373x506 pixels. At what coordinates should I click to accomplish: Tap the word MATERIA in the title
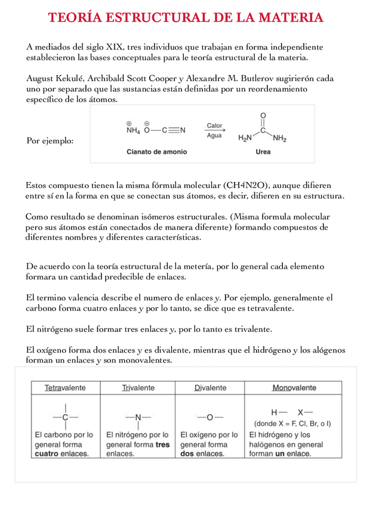(x=291, y=18)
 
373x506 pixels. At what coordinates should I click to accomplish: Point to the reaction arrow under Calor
(x=214, y=131)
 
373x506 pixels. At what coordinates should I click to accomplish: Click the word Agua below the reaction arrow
(x=214, y=136)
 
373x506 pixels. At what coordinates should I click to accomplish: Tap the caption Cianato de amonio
(x=156, y=152)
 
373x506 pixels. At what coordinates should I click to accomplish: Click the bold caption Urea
(x=263, y=152)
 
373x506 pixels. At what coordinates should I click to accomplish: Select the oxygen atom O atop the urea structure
(x=263, y=115)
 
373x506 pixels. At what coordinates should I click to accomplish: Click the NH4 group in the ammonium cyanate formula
(x=132, y=131)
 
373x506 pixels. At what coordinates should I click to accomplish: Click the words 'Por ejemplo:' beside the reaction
(x=51, y=141)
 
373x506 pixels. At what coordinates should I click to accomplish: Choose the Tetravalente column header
(x=65, y=388)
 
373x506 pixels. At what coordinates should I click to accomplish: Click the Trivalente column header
(x=138, y=388)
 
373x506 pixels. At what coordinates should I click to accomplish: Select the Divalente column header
(x=210, y=388)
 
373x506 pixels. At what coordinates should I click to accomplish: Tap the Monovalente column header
(x=294, y=388)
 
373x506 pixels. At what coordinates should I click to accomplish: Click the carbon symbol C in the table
(x=65, y=417)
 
